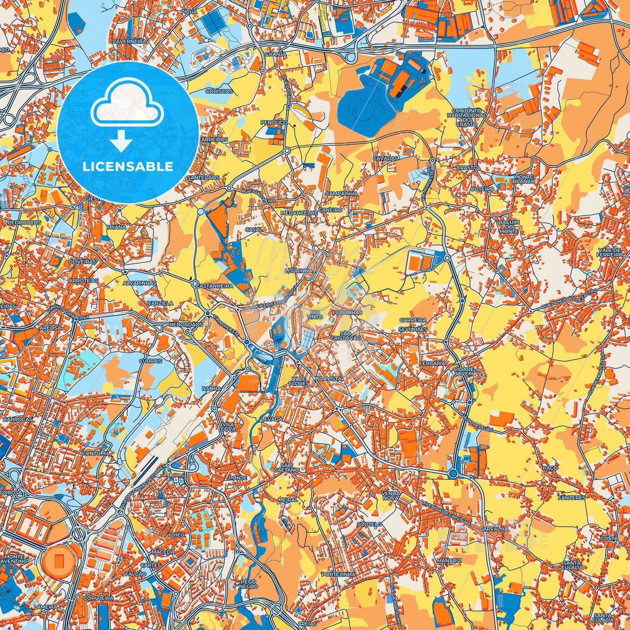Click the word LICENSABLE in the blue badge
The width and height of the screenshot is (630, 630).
coord(128,167)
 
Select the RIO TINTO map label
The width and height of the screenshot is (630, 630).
coord(315,314)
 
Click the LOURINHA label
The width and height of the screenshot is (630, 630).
coord(299,271)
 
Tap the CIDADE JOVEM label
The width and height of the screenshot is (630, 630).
coord(463,371)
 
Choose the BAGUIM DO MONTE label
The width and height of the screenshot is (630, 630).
coord(509,226)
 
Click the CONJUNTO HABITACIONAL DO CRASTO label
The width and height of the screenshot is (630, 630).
coord(466,117)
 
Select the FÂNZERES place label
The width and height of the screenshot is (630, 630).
coord(572,497)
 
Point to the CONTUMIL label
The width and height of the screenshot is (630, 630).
coord(95,453)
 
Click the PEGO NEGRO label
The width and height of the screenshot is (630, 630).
coord(249,584)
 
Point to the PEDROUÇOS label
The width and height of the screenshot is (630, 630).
coord(24,222)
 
